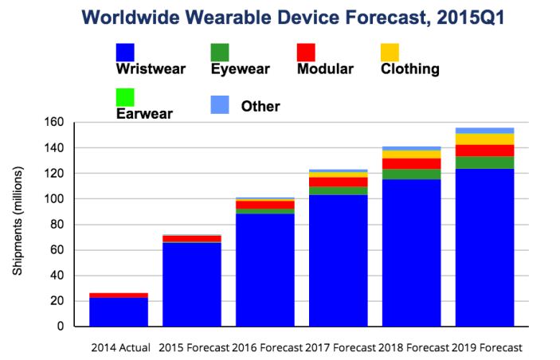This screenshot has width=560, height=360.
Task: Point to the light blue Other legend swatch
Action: point(219,104)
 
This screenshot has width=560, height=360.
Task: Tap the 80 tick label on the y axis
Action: point(55,225)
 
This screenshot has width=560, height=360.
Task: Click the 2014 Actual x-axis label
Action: point(119,348)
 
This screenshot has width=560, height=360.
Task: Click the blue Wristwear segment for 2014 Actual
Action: point(119,312)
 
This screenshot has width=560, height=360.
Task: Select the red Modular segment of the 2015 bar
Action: point(192,238)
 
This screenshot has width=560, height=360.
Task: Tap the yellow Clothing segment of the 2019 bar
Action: point(484,139)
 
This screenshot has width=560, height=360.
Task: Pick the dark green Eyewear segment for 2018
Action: point(411,174)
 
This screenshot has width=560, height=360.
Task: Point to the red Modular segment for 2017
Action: point(338,182)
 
